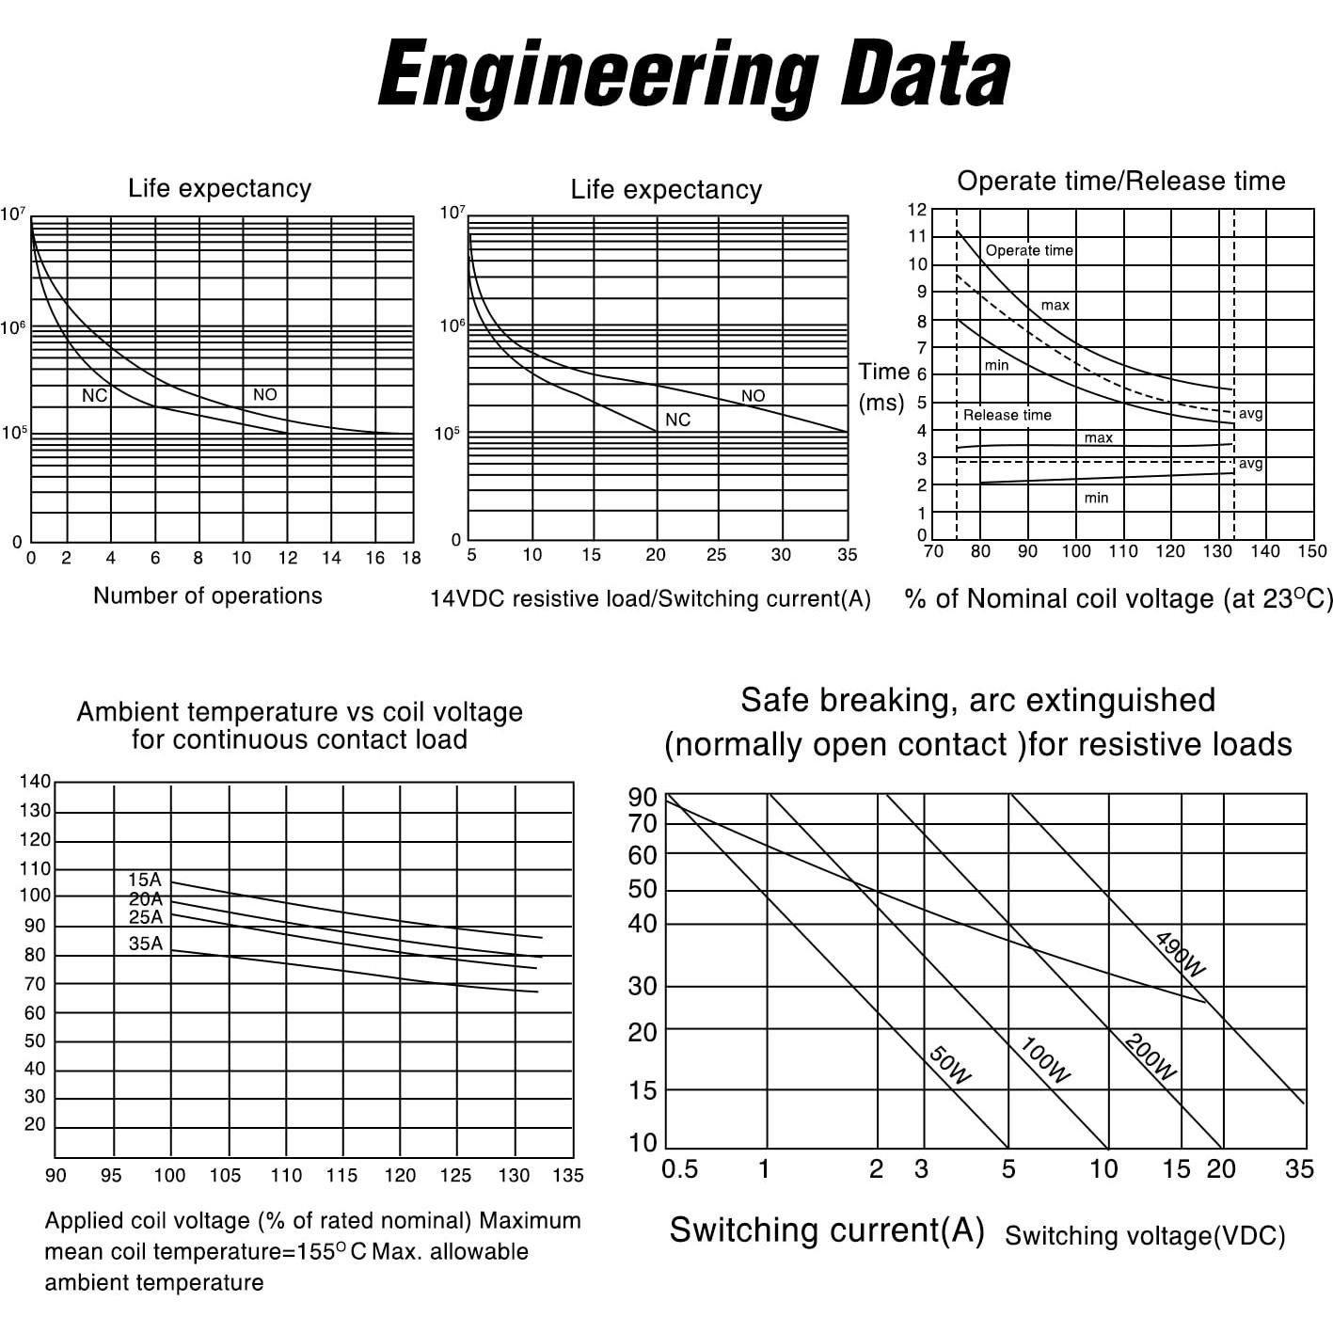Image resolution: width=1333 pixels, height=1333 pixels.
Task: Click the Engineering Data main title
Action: (x=694, y=75)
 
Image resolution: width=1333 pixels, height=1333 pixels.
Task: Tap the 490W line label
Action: (x=1180, y=954)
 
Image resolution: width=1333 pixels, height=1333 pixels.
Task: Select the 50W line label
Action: (x=949, y=1066)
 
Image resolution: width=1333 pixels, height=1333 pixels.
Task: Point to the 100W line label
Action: (x=1045, y=1060)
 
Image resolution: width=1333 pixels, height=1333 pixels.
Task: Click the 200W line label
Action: (x=1150, y=1057)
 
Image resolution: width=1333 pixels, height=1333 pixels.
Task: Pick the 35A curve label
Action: (x=146, y=944)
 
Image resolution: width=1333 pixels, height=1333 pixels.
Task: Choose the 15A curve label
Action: (x=145, y=880)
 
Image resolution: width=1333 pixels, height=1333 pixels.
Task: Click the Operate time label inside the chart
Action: (x=1029, y=250)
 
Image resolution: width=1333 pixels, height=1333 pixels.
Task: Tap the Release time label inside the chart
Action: (x=1007, y=415)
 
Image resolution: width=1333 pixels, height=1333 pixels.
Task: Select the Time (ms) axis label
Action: (x=883, y=387)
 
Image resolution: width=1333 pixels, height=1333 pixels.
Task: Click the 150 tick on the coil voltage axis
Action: (x=1311, y=551)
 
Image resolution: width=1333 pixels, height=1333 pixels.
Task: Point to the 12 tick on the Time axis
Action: (x=917, y=210)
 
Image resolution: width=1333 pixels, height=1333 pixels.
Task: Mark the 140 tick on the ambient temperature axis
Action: (x=35, y=781)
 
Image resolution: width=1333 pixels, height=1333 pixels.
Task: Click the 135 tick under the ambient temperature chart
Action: (x=568, y=1175)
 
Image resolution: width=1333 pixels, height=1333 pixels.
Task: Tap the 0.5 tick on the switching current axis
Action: (x=679, y=1169)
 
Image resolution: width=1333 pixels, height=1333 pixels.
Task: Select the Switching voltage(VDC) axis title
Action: (x=1145, y=1236)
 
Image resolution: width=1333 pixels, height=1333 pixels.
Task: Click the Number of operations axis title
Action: (x=207, y=595)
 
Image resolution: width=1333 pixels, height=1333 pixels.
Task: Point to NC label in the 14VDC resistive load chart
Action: (x=677, y=420)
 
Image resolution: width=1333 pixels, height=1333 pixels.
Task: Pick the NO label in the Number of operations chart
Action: (x=264, y=395)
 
